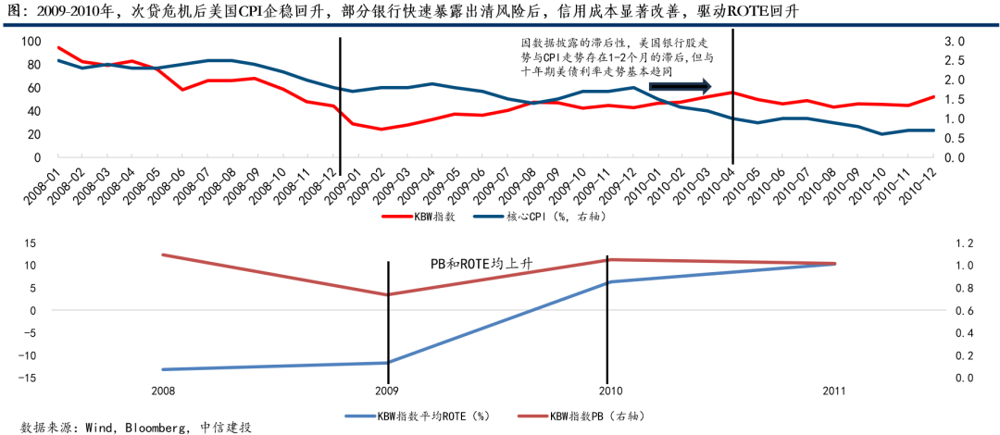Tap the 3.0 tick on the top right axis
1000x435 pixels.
[x=955, y=42]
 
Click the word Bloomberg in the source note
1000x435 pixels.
[x=153, y=428]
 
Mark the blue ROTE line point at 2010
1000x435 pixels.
[x=607, y=282]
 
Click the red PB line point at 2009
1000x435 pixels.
[x=388, y=294]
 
